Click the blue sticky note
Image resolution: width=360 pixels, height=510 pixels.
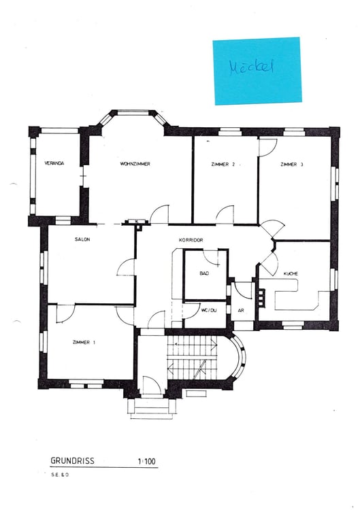click(257, 71)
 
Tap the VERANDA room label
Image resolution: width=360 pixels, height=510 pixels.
click(54, 164)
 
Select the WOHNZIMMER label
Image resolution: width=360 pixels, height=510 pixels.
click(135, 164)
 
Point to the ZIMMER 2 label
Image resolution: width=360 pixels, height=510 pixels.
click(223, 165)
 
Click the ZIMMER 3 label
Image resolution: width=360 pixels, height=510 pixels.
click(291, 165)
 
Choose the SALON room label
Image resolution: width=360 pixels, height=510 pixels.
click(82, 239)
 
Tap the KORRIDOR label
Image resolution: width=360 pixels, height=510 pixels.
click(192, 240)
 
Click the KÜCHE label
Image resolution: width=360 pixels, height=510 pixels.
click(291, 273)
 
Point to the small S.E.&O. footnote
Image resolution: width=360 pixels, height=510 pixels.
click(59, 474)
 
